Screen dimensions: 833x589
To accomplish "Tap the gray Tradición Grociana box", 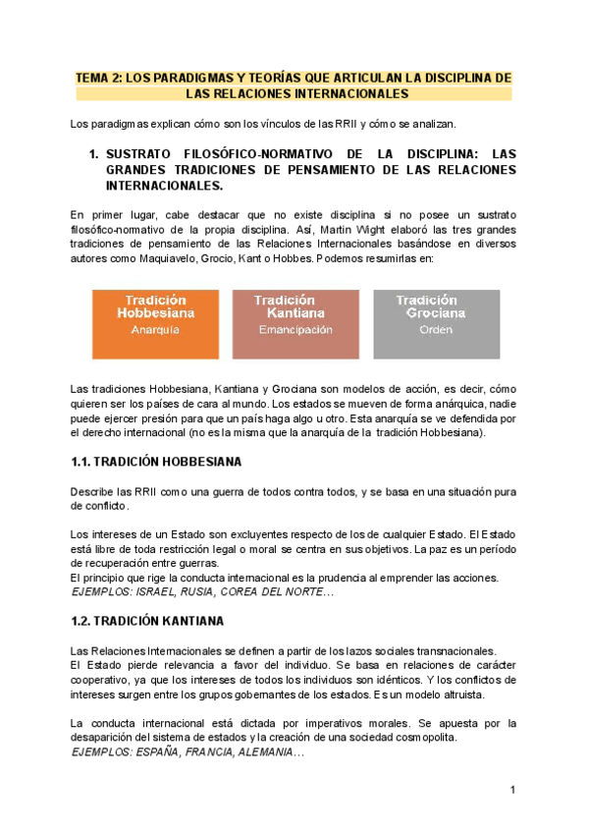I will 435,324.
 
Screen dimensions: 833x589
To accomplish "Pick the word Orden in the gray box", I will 435,331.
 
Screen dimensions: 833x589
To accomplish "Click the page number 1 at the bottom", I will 512,791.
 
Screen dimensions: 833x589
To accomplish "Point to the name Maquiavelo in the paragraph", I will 164,259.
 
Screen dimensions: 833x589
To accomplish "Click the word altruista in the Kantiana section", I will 492,694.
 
